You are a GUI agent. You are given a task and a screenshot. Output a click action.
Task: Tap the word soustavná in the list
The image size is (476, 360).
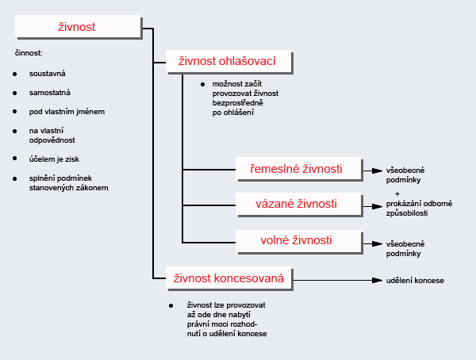tap(48, 74)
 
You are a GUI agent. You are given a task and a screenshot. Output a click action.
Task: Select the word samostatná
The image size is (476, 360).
tap(50, 92)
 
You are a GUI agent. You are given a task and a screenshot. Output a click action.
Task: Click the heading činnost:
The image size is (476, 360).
tap(29, 54)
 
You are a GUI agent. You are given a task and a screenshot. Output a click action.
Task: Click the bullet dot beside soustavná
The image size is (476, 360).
tap(15, 74)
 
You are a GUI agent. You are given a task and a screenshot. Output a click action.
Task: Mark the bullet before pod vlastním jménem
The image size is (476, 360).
tap(15, 111)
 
